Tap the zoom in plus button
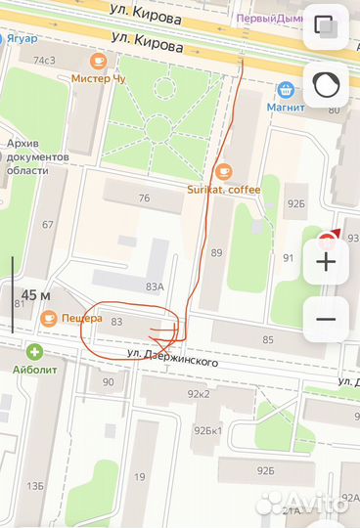coord(327,261)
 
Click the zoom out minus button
coord(327,319)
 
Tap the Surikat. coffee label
coord(224,189)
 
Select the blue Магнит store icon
coord(285,91)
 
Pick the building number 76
coord(145,198)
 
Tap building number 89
coord(216,253)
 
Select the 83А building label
coord(154,286)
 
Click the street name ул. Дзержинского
coord(171,358)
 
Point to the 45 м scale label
coord(36,295)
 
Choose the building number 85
coord(268,339)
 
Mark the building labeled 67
coord(47,225)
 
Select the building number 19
coord(140,477)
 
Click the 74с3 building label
coord(44,61)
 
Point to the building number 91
coord(289,258)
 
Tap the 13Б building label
coord(35,486)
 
